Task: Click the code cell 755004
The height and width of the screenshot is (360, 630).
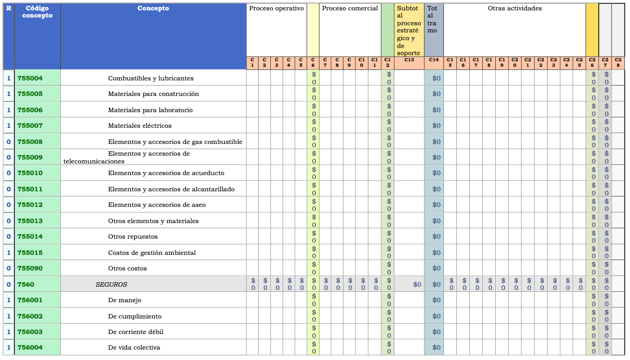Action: (x=30, y=78)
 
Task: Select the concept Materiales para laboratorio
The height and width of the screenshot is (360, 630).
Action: (x=150, y=110)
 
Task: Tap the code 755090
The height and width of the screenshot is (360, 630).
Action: (x=30, y=269)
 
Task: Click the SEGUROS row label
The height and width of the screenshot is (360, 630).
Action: (x=111, y=284)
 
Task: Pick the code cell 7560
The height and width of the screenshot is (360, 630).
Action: (x=26, y=284)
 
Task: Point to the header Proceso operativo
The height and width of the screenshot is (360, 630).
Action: (x=276, y=8)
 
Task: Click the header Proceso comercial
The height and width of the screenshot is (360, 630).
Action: (x=349, y=8)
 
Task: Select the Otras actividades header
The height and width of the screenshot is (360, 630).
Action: (x=515, y=8)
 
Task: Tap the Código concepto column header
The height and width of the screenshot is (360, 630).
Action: (x=37, y=12)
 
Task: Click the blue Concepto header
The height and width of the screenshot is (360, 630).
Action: (x=153, y=8)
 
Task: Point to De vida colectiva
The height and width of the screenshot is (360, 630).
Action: (x=134, y=348)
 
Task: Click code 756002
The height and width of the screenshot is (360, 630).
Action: (x=30, y=316)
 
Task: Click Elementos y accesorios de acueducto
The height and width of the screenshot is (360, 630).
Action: (x=166, y=173)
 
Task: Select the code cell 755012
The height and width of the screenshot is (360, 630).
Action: (x=30, y=205)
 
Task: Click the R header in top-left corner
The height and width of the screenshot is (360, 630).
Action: (x=8, y=8)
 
